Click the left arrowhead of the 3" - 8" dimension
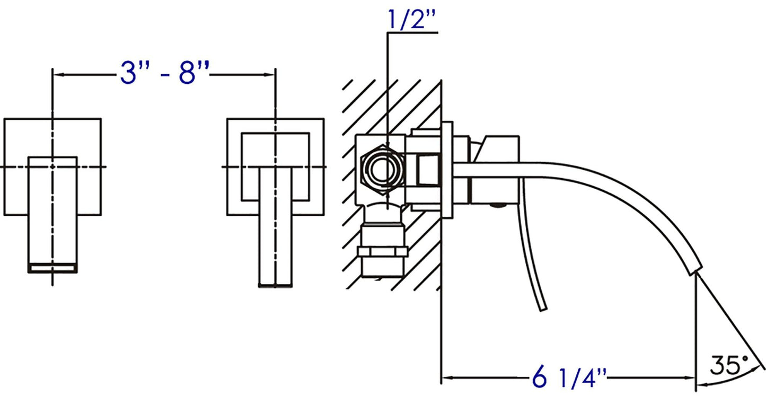click(56, 75)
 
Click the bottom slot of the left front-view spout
click(52, 268)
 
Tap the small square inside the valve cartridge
click(428, 170)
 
